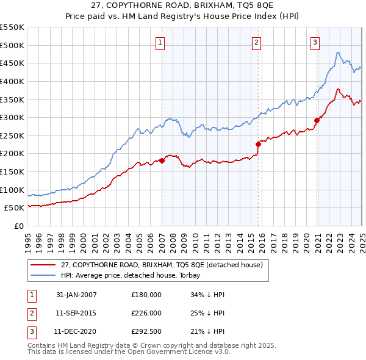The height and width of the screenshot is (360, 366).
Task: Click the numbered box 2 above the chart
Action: coord(256,42)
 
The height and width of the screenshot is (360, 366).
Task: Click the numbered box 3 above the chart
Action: coord(314,42)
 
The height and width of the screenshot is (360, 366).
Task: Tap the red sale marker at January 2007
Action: coord(162,160)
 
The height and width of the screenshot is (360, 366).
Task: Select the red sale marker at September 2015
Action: coord(258,144)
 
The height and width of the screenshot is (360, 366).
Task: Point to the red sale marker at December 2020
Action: coord(317,120)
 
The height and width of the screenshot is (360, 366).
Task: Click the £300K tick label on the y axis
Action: coord(12,117)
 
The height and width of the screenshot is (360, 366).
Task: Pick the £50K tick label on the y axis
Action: coord(14,208)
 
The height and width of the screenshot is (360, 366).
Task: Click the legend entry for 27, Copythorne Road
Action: coord(162,265)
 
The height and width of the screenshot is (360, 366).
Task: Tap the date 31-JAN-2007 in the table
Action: coord(76,295)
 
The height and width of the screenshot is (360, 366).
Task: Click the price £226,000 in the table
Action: coord(146,313)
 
